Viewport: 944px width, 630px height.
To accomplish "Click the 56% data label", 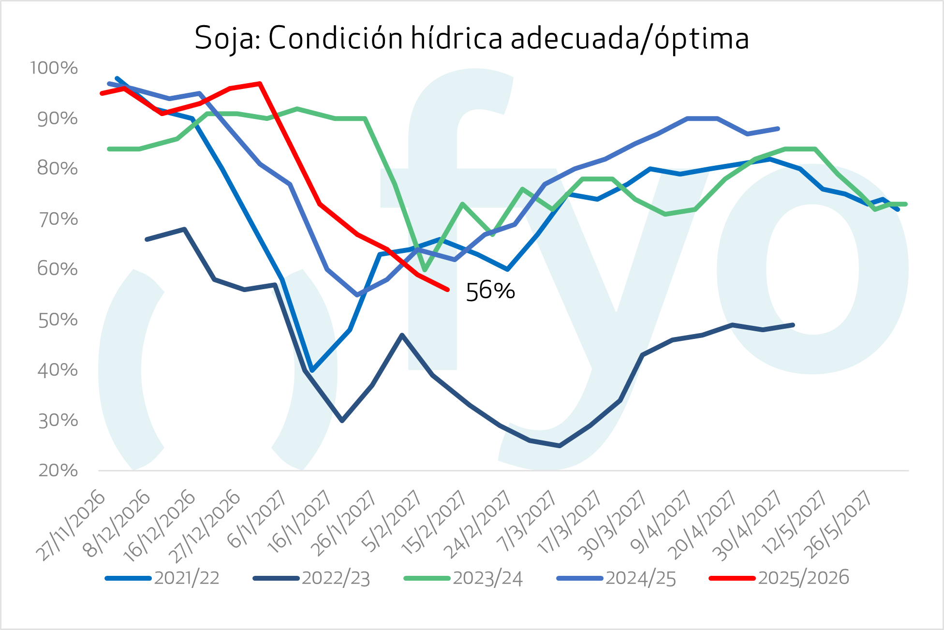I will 490,291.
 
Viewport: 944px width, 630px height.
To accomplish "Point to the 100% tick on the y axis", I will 54,68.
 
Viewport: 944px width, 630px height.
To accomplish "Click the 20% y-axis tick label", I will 58,470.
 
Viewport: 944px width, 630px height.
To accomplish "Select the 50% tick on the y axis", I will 58,320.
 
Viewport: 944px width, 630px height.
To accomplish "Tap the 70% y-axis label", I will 58,219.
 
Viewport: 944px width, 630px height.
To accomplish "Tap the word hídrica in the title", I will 456,38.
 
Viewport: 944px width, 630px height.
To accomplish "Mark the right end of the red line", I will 448,290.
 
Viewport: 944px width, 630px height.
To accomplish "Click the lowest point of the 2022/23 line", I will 560,446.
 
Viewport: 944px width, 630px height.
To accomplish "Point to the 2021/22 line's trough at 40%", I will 312,370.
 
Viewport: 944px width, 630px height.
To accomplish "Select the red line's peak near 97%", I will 260,84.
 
